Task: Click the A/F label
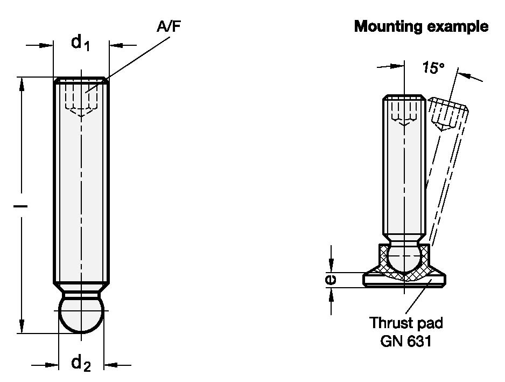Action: pyautogui.click(x=169, y=26)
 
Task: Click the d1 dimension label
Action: pyautogui.click(x=80, y=43)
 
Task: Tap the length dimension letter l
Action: pyautogui.click(x=20, y=205)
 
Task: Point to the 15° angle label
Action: pyautogui.click(x=433, y=68)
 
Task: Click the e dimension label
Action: pyautogui.click(x=331, y=279)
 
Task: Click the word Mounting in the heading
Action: pyautogui.click(x=388, y=26)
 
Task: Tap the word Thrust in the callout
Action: pyautogui.click(x=388, y=323)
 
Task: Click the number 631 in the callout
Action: pyautogui.click(x=419, y=341)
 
